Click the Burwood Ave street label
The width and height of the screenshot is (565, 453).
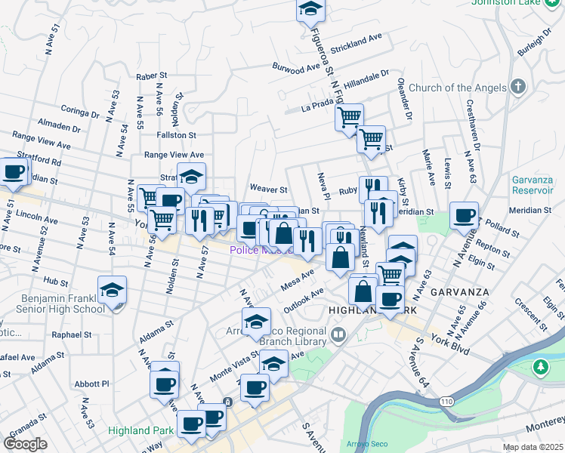click(296, 66)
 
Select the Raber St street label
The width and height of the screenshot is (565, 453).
click(150, 76)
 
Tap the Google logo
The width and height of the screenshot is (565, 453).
click(26, 443)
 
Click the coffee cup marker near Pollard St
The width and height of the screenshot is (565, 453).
click(463, 216)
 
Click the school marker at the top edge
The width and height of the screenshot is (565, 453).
click(310, 10)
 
